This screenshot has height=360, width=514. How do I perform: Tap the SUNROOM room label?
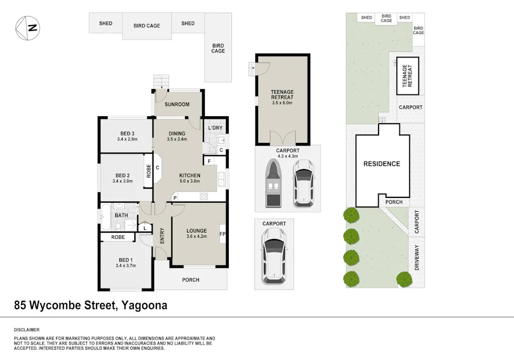pyautogui.click(x=176, y=105)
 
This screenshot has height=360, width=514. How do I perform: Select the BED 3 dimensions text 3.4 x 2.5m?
pyautogui.click(x=127, y=140)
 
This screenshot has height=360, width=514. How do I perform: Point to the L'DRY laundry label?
pyautogui.click(x=215, y=129)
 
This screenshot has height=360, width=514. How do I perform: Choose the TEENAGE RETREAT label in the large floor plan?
pyautogui.click(x=283, y=95)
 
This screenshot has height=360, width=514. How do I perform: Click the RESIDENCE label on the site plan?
pyautogui.click(x=382, y=164)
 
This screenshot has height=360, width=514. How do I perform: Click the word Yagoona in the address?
pyautogui.click(x=144, y=306)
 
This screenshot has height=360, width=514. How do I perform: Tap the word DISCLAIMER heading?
pyautogui.click(x=27, y=330)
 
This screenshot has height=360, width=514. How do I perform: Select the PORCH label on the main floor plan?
pyautogui.click(x=190, y=279)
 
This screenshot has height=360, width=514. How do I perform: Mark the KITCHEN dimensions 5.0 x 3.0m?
pyautogui.click(x=189, y=181)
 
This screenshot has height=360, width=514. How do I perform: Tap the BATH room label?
pyautogui.click(x=122, y=215)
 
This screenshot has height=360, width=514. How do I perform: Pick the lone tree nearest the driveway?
pyautogui.click(x=405, y=279)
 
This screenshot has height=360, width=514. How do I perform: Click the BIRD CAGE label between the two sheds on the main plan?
pyautogui.click(x=147, y=26)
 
